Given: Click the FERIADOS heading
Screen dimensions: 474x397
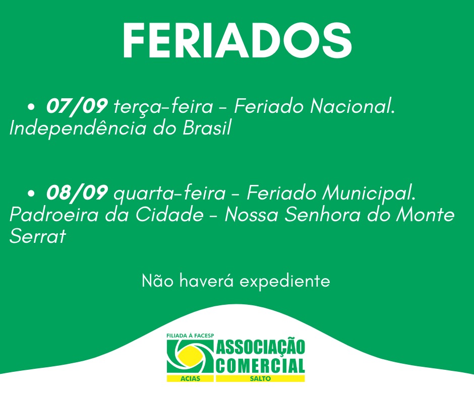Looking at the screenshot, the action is pos(237,40).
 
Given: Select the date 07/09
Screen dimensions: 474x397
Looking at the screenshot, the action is pos(77,106).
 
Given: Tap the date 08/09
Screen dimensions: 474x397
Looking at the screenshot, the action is pos(77,192).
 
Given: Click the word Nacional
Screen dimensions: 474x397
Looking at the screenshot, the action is pos(353,106).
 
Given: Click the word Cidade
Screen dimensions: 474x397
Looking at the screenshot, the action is pos(169,215).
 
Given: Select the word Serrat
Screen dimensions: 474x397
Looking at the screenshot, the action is pos(38,236).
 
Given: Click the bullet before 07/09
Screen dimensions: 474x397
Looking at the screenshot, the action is pos(31,107).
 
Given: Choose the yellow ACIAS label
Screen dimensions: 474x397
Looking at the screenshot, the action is pos(190,378).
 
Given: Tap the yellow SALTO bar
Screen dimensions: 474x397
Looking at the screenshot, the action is pos(260,378).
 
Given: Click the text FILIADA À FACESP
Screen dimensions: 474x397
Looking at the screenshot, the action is pos(190,336).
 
